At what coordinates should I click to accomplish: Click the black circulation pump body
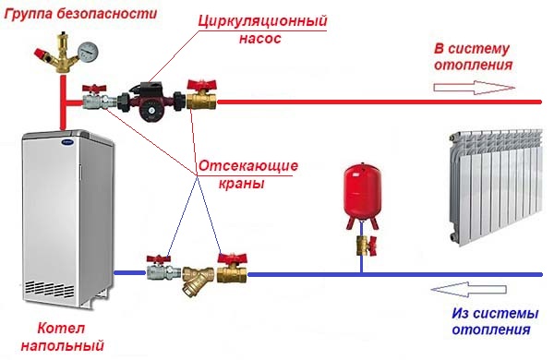click(x=150, y=100)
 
